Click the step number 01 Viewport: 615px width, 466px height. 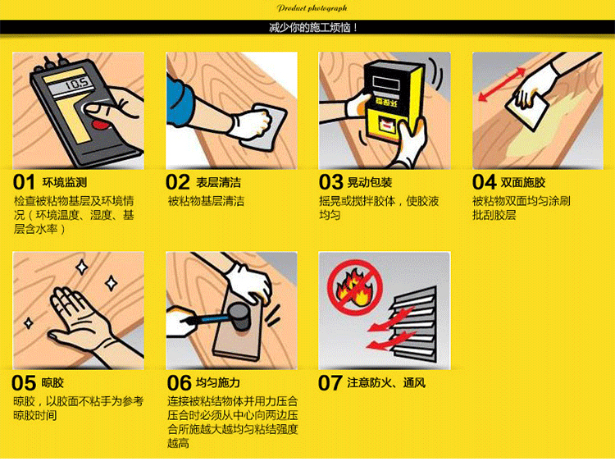pos(24,183)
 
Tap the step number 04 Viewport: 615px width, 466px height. pos(485,183)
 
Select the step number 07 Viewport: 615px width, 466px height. pos(330,383)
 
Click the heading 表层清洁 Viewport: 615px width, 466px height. pos(218,183)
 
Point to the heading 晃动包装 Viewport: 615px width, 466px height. pos(370,183)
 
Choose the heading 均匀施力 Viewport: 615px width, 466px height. pos(217,383)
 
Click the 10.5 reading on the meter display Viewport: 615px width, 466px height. pos(76,84)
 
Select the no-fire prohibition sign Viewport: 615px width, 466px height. pos(355,288)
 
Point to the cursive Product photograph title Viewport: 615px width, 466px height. pos(312,8)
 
